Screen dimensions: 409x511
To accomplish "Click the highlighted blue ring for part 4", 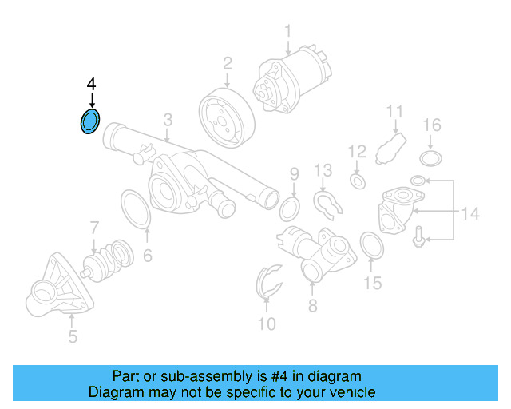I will (90, 122).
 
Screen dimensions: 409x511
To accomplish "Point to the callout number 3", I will (168, 120).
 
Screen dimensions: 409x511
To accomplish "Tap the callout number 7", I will (93, 227).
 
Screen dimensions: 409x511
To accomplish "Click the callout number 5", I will (73, 337).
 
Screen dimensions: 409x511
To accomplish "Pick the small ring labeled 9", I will (290, 209).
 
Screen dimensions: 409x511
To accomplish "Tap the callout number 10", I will (267, 324).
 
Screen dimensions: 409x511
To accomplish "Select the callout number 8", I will (312, 305).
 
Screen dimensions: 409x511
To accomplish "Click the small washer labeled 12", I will (358, 182).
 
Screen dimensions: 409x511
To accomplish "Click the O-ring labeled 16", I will (431, 157).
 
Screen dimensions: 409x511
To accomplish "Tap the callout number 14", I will (470, 213).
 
